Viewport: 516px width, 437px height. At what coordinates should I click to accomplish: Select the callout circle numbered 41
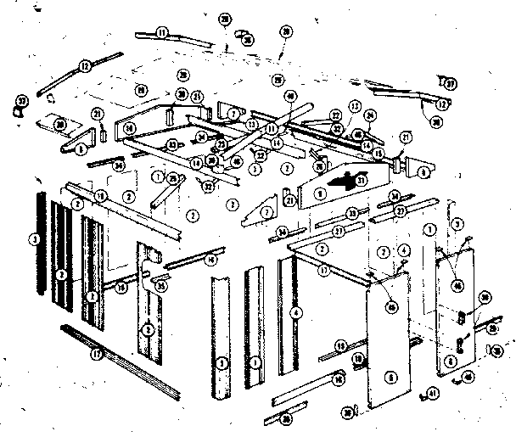coord(433,392)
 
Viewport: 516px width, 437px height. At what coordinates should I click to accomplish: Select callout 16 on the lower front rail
coord(339,381)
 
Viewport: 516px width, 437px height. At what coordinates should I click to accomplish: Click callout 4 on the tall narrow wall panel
coord(294,311)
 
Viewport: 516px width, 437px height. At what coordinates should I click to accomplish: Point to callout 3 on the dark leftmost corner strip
coord(34,241)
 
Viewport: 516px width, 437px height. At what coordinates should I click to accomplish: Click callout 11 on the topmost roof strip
coord(160,32)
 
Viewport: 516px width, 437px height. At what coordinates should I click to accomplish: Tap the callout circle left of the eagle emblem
coord(320,193)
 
